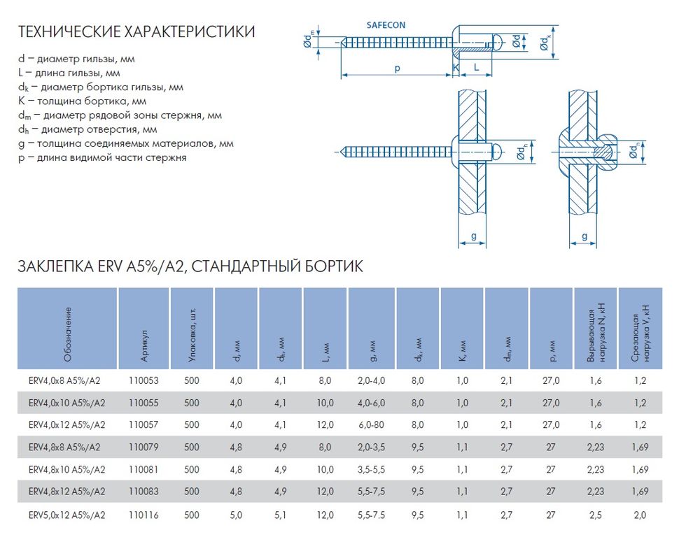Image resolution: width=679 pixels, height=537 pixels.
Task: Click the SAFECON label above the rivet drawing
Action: [386, 25]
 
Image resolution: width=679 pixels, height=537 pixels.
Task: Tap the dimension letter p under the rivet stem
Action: [396, 68]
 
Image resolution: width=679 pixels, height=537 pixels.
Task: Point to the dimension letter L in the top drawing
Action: [476, 68]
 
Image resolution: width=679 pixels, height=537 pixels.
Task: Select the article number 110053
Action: [143, 381]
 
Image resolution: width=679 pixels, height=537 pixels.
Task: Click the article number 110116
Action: [143, 515]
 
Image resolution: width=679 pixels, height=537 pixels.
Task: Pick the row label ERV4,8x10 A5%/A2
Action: [67, 470]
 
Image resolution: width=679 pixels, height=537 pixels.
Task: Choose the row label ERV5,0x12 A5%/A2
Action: [67, 515]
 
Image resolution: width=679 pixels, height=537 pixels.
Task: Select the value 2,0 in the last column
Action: [639, 515]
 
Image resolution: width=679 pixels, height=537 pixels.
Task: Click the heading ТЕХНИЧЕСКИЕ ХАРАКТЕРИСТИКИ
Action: [136, 32]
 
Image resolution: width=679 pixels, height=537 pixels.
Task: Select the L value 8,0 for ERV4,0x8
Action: [325, 381]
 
